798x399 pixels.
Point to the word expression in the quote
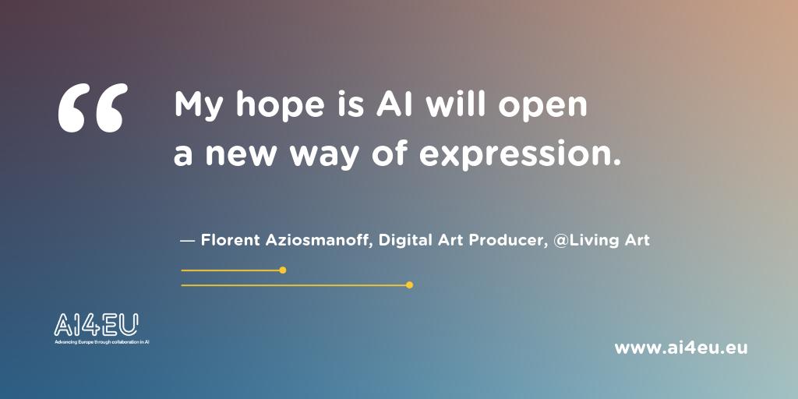521,154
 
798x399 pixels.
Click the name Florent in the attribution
228,240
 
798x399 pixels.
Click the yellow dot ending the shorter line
282,270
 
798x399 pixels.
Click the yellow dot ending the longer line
409,285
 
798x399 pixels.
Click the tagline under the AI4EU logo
101,342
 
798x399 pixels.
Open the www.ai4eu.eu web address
680,348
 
